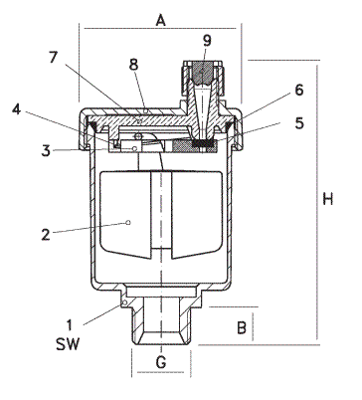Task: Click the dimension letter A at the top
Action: pos(161,21)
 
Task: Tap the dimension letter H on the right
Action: pos(327,199)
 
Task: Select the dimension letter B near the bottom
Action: pos(242,327)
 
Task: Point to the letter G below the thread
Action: pos(161,362)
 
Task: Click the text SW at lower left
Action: pos(68,344)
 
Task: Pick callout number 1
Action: pos(70,325)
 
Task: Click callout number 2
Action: pos(46,235)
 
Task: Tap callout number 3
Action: pos(46,151)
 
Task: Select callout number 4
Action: pos(16,109)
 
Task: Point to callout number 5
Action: pos(299,123)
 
